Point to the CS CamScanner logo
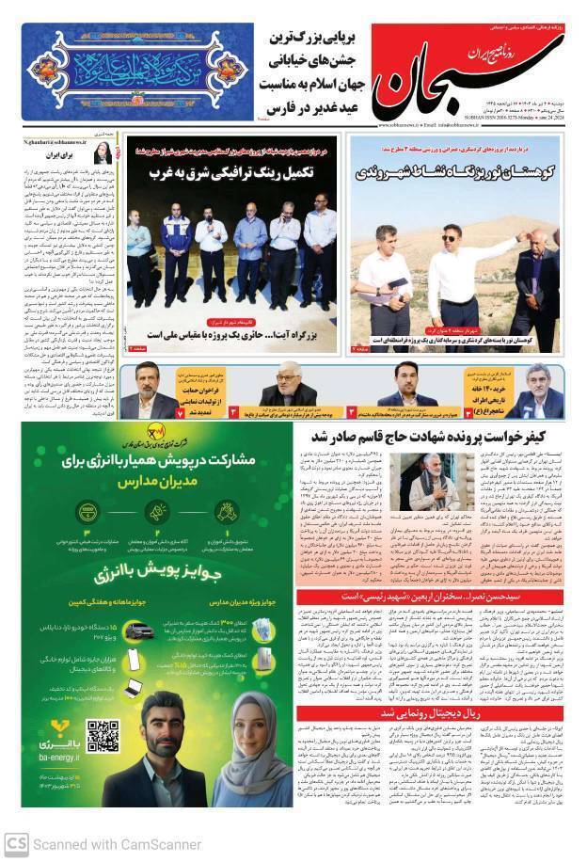16,844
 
